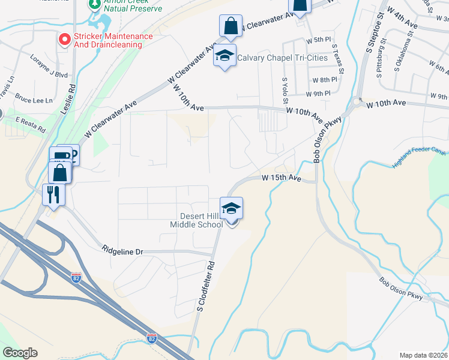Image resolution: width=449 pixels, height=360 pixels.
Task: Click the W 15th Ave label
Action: (x=281, y=178)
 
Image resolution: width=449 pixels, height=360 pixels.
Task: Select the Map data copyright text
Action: (x=423, y=355)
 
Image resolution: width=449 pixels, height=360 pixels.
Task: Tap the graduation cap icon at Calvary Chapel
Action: (x=225, y=55)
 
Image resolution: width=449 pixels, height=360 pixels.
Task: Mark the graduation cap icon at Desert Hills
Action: (x=231, y=208)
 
